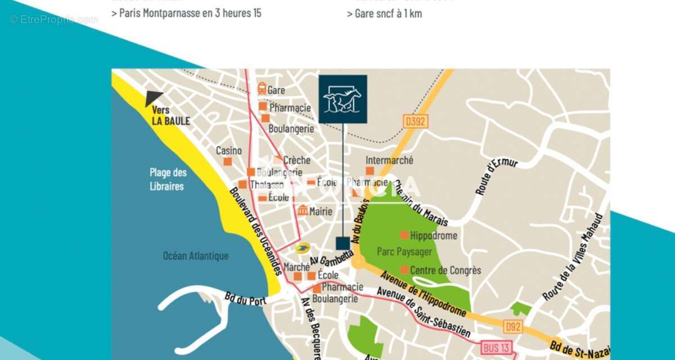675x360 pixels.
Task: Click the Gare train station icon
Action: click(x=262, y=89)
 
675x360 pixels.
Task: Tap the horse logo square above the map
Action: click(x=343, y=99)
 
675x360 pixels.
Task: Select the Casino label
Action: click(x=229, y=151)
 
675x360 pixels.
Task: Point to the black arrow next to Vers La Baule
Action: click(x=153, y=98)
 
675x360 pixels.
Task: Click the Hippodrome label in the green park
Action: click(x=434, y=236)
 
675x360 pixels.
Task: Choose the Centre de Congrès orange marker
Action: click(x=404, y=270)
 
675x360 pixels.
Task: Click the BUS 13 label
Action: click(x=496, y=348)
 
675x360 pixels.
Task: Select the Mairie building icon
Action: click(x=303, y=211)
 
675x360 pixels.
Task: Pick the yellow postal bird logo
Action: click(x=303, y=248)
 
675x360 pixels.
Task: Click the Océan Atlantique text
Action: click(x=196, y=256)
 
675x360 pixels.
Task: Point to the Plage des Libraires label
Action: click(x=168, y=179)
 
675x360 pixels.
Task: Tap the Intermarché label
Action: click(x=389, y=160)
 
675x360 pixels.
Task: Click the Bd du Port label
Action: click(x=245, y=300)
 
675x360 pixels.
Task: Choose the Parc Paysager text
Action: click(x=404, y=251)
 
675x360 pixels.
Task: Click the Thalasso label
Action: click(x=267, y=185)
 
